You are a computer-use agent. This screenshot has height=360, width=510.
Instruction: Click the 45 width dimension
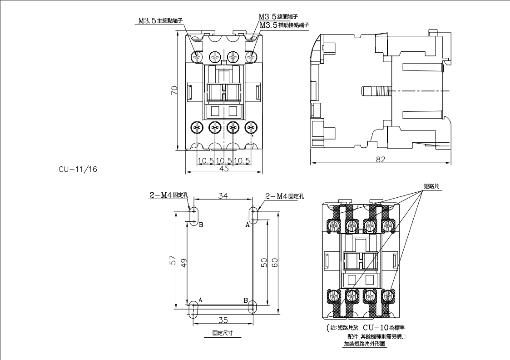tap(224, 169)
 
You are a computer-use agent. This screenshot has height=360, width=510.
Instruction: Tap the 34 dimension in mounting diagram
tap(223, 195)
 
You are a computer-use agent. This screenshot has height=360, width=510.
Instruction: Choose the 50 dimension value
tap(264, 262)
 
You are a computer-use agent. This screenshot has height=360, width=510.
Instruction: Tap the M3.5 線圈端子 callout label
tap(277, 16)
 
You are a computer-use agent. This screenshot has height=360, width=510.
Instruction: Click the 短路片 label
tap(431, 186)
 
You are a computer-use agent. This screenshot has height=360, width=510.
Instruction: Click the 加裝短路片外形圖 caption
tap(364, 344)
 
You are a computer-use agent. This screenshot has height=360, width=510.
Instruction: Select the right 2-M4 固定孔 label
tap(284, 196)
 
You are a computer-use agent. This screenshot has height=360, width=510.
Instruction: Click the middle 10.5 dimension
tap(224, 160)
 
